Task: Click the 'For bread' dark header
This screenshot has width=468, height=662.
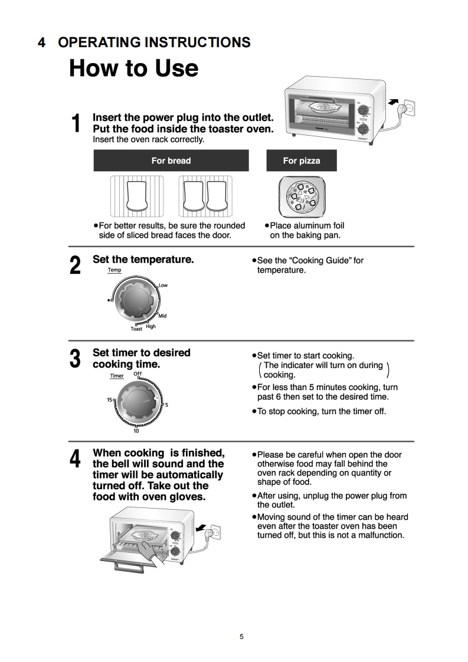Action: [x=171, y=160]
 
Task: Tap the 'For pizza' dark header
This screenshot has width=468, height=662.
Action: [x=302, y=160]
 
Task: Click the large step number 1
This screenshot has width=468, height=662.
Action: [x=76, y=124]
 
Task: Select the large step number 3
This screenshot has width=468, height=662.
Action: [x=76, y=359]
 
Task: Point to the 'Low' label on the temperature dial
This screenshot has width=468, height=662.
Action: [x=163, y=286]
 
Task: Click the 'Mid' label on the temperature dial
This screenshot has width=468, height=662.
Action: [x=162, y=316]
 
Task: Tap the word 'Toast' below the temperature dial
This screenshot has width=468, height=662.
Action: [x=136, y=329]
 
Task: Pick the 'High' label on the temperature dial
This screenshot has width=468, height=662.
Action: [x=151, y=326]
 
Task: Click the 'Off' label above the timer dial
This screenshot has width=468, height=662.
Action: [x=138, y=374]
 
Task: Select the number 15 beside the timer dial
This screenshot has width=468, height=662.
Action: [x=110, y=400]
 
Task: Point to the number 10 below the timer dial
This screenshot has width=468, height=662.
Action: [x=136, y=431]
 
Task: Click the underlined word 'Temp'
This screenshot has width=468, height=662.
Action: [x=114, y=270]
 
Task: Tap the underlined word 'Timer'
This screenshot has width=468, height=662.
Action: [x=117, y=376]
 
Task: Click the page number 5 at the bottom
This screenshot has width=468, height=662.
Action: [x=241, y=637]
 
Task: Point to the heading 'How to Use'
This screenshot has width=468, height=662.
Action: [x=134, y=68]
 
